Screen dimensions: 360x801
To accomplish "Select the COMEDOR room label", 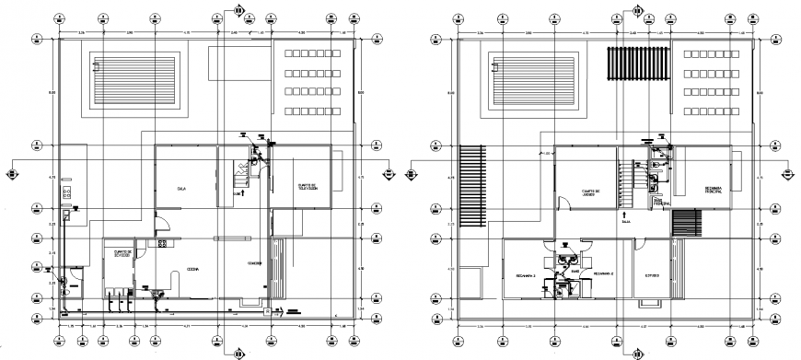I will pos(254,264).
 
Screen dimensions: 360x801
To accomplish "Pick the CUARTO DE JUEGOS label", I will pos(590,192).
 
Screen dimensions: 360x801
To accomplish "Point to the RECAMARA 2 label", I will pos(604,274).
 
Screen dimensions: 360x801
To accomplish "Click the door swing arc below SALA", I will pos(157,221).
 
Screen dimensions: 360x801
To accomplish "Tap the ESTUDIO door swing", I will pos(639,245).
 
